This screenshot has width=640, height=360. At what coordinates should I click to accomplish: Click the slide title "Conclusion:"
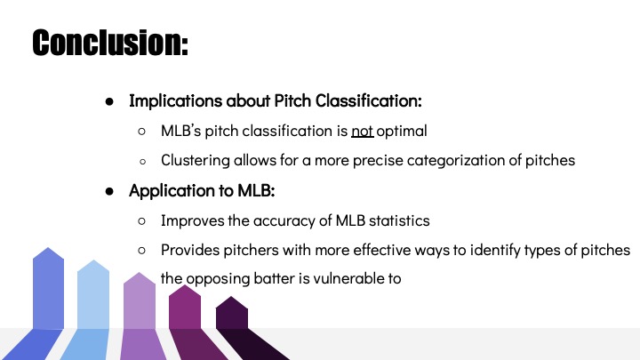point(110,43)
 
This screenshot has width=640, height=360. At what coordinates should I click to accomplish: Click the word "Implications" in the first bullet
point(175,101)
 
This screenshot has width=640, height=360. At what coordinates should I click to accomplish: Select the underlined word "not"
point(363,131)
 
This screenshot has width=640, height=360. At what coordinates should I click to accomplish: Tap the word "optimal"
point(402,132)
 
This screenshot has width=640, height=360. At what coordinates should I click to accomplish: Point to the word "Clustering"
point(195,160)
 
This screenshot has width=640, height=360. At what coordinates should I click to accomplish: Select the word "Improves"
point(192,220)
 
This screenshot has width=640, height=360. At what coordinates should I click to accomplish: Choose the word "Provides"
point(190,250)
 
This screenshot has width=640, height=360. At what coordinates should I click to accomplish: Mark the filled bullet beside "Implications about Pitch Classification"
point(109,101)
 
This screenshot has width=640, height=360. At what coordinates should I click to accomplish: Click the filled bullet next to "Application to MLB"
point(109,191)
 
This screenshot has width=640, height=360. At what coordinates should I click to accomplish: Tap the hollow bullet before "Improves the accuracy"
point(141,220)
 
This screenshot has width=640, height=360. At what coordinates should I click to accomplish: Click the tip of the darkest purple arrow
point(231,297)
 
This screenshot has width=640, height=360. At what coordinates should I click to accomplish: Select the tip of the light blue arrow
point(93,260)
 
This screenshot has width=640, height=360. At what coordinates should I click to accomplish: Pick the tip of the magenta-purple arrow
point(185,285)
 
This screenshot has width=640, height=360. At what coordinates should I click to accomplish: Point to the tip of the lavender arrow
point(140,273)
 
